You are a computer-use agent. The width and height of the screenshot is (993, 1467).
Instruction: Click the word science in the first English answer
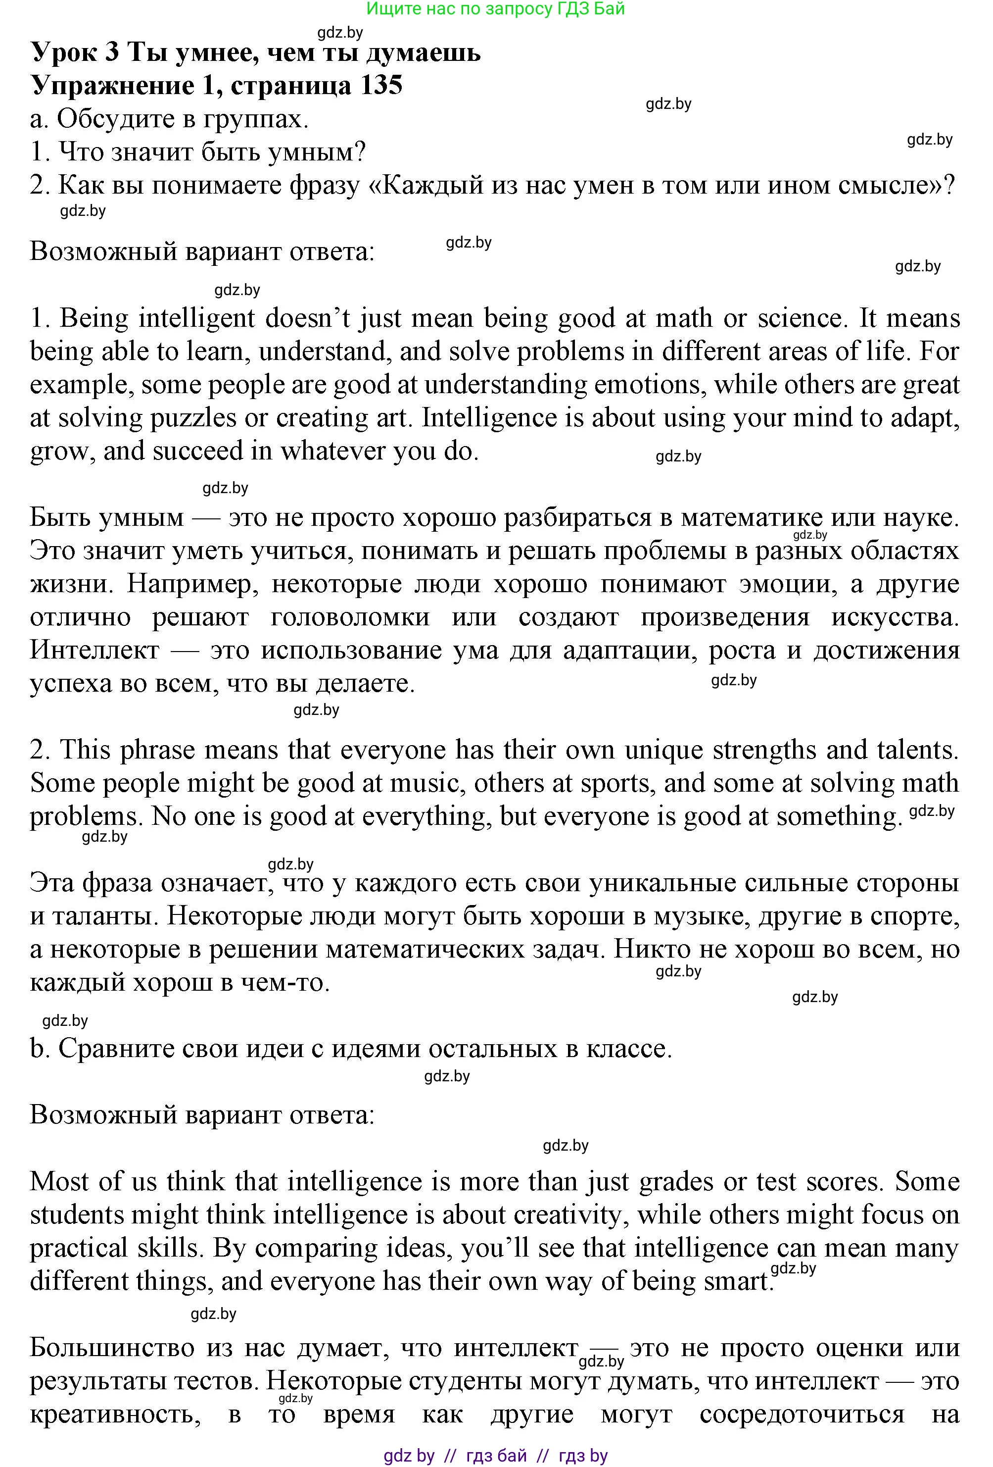pyautogui.click(x=799, y=318)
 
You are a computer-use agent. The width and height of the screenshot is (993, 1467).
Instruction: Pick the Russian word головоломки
pyautogui.click(x=350, y=617)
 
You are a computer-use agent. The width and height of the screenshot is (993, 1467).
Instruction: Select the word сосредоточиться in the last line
pyautogui.click(x=802, y=1414)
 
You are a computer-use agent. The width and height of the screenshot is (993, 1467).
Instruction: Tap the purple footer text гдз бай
pyautogui.click(x=496, y=1456)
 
